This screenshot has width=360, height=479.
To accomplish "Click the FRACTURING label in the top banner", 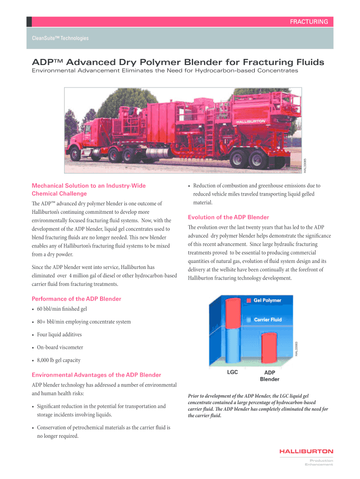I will (x=309, y=22).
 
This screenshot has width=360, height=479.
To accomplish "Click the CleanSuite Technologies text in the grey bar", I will (x=60, y=38).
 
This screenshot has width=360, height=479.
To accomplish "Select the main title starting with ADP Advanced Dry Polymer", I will (x=177, y=62).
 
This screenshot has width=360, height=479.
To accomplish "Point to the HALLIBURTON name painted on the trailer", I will (x=250, y=121).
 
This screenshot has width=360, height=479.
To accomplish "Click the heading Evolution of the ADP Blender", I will (x=228, y=217).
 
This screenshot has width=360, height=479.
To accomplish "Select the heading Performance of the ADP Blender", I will (x=76, y=299).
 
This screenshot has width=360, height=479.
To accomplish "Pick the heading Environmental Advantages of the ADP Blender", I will (x=96, y=375).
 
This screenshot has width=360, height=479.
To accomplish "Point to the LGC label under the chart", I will (x=232, y=372).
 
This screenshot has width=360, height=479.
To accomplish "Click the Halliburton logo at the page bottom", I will (x=306, y=451).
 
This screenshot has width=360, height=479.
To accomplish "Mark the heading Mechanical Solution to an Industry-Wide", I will (x=88, y=186).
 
